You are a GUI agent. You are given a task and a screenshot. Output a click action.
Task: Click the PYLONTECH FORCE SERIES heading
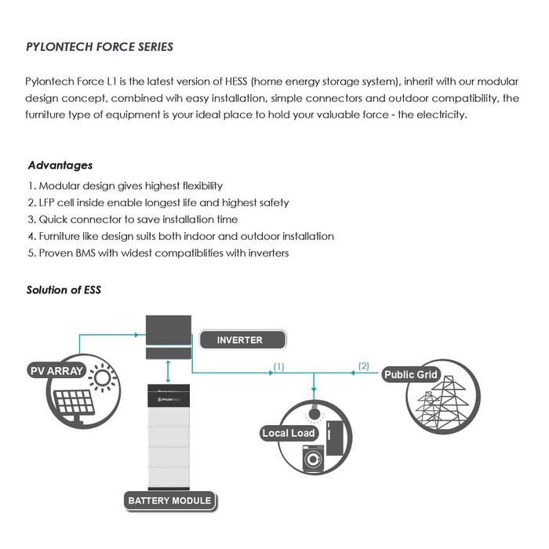coord(100,46)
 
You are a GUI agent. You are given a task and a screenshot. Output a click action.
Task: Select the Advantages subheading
coord(60,165)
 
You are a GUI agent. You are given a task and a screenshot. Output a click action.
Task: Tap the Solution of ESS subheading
coord(64,289)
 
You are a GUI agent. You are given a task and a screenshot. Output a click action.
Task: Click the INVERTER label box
coord(240,340)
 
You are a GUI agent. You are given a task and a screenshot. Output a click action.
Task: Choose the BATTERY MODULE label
coord(169,500)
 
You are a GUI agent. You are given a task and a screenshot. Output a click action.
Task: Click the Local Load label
coord(289,433)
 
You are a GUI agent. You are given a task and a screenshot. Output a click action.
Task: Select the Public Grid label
coord(411,375)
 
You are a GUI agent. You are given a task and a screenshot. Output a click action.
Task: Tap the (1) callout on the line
coord(278,366)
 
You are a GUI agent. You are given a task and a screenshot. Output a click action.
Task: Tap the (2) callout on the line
coord(363,365)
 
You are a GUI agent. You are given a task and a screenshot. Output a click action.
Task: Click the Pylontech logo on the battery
coord(169,399)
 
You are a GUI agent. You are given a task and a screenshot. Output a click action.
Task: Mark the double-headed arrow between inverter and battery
coord(169,370)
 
